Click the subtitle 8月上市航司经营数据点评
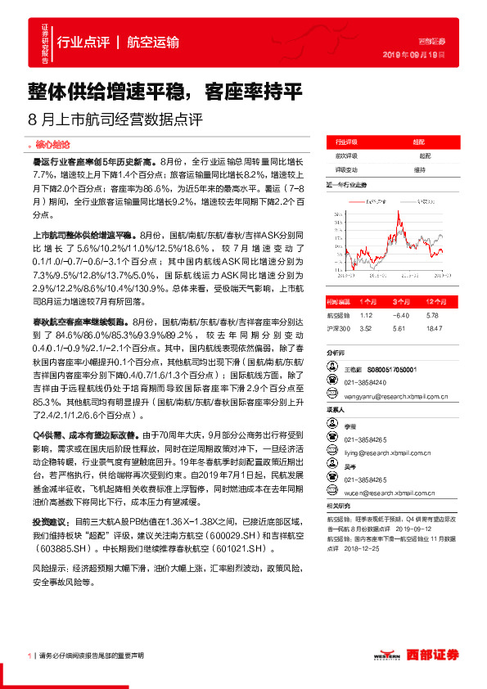click(115, 119)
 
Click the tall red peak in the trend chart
click(398, 217)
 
